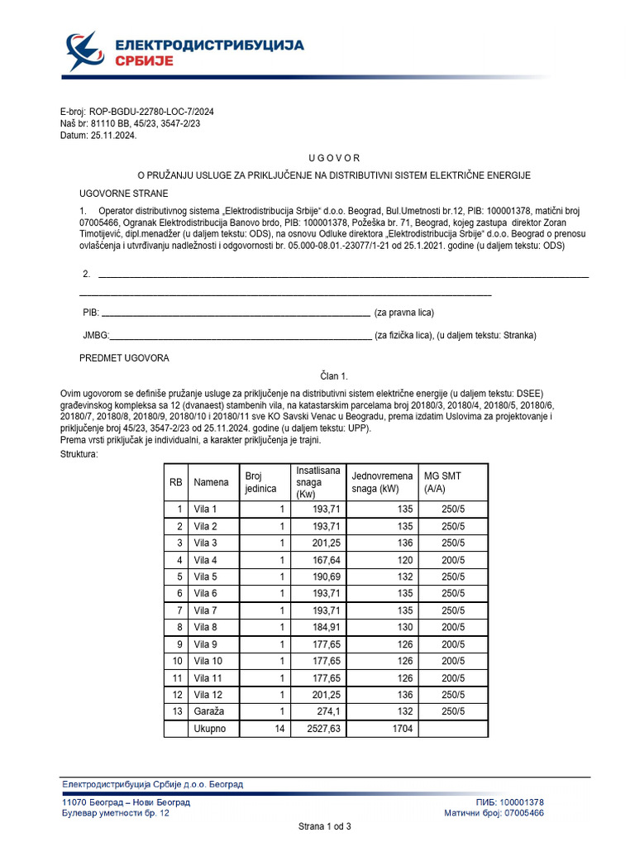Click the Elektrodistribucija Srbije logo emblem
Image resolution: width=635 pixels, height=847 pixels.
(x=86, y=51)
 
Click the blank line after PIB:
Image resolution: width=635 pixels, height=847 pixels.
(x=235, y=313)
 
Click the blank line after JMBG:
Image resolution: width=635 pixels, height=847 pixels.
(x=241, y=336)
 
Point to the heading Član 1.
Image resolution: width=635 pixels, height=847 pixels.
(x=334, y=376)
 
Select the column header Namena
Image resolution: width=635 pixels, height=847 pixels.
(x=211, y=481)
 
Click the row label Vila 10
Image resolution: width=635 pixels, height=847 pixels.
(x=208, y=661)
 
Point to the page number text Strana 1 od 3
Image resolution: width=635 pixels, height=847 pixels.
(x=324, y=826)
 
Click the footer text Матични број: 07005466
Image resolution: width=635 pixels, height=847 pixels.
(x=494, y=814)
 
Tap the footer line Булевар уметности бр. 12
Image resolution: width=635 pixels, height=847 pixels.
(x=116, y=814)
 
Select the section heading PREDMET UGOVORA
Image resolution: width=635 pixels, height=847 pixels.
(x=124, y=358)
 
